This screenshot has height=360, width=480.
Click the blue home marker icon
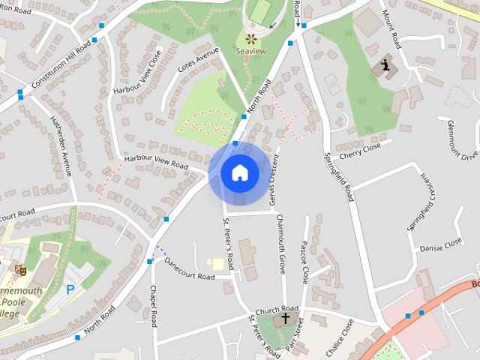240,173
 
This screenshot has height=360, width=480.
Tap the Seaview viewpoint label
250,51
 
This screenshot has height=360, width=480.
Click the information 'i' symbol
386,65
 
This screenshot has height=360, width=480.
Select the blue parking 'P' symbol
71,289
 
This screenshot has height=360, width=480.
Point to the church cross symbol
285,319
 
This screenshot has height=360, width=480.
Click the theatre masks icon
20,268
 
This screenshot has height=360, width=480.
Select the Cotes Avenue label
198,60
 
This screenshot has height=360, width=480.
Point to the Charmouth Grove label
282,243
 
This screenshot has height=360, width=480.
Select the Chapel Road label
152,306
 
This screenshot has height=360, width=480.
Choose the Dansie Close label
441,245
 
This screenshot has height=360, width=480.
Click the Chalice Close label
339,337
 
